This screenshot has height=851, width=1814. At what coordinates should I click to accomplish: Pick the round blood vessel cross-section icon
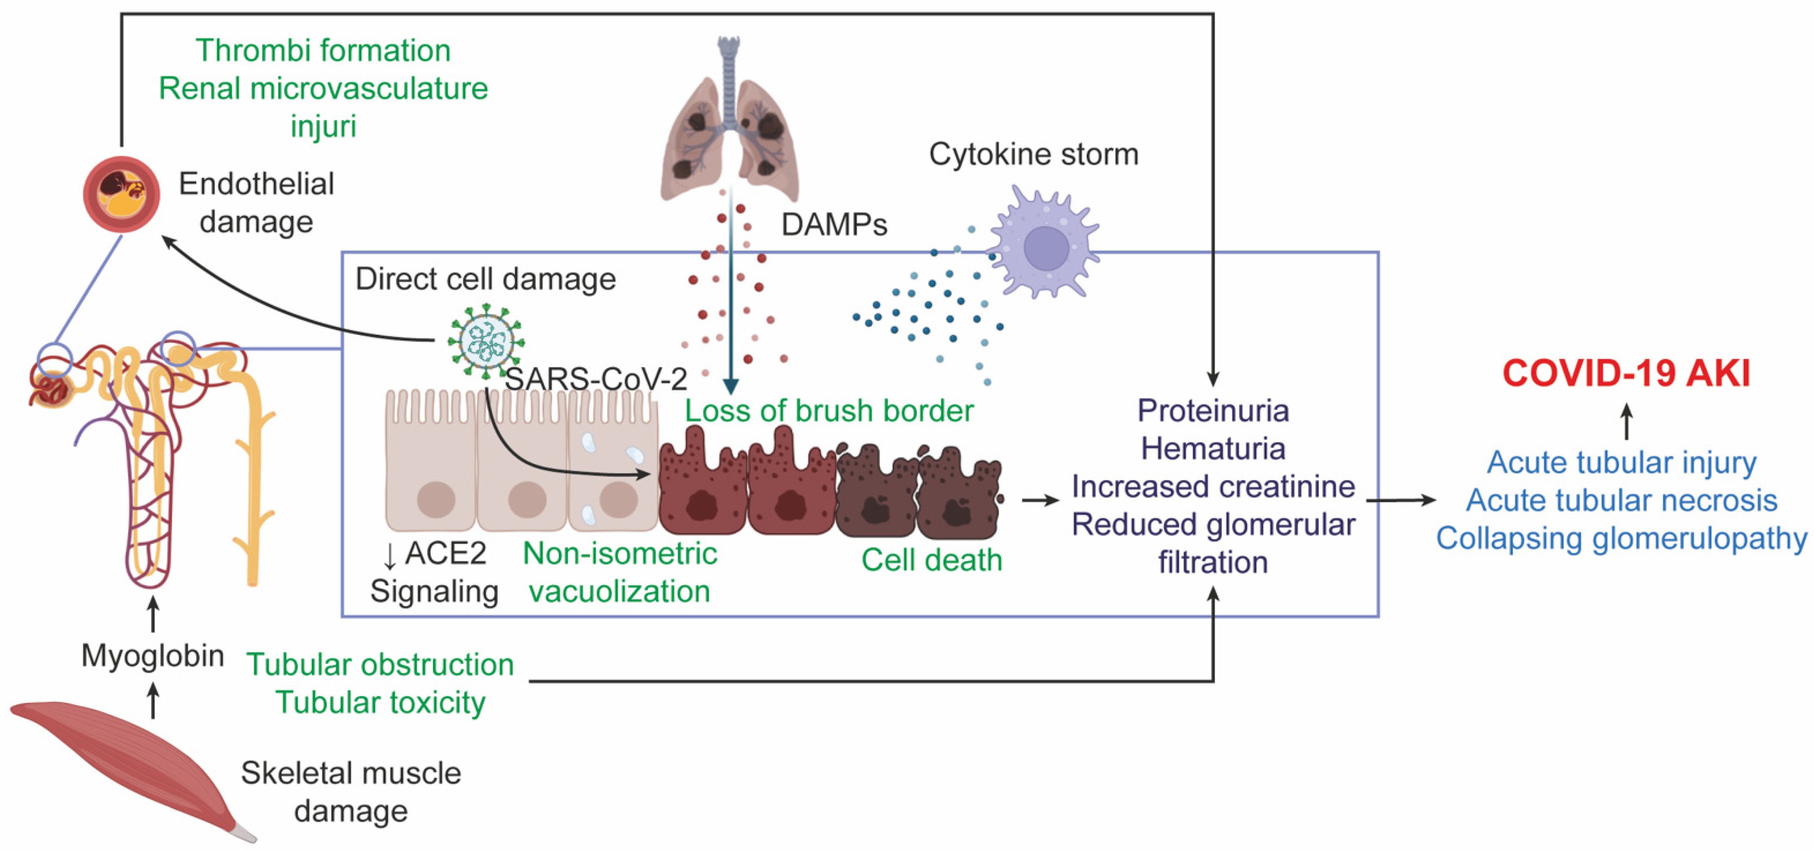point(121,194)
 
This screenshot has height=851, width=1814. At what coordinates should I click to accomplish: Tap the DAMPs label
point(834,225)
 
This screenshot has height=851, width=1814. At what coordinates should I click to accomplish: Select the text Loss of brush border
point(829,411)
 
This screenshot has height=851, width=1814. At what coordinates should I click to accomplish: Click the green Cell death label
point(931,560)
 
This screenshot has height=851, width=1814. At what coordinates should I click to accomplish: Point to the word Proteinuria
point(1212,411)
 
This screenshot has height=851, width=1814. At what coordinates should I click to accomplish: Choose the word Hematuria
point(1212,449)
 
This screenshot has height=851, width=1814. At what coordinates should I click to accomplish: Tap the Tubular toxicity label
point(380,702)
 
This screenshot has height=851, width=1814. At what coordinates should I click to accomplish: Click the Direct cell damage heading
point(485,279)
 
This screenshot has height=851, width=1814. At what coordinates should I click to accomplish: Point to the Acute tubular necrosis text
point(1621,500)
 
